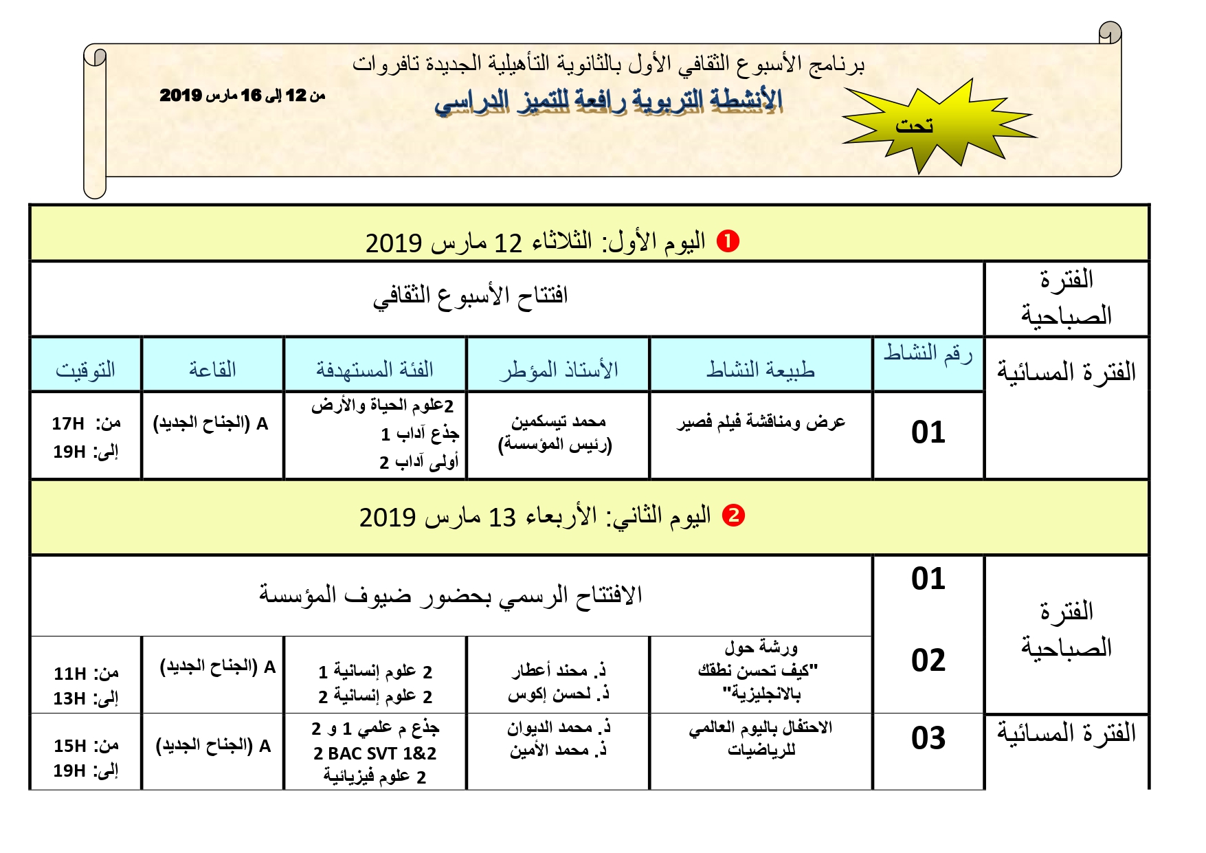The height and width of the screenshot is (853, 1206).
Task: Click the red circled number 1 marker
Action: pos(728,241)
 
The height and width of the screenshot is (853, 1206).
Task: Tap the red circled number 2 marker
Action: pos(734,516)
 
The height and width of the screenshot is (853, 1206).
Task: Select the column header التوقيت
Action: pos(85,370)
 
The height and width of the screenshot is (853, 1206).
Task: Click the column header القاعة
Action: pos(212,370)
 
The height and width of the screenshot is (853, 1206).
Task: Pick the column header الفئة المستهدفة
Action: pos(375,370)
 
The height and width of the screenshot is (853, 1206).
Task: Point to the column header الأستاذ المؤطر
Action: pos(558,370)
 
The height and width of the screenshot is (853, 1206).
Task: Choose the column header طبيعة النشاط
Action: pos(761,370)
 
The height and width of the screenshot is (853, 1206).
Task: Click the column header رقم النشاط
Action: pos(928,353)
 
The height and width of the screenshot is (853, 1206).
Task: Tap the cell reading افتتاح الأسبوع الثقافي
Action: pos(471,296)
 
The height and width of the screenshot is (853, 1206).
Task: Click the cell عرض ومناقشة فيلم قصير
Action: pos(761,422)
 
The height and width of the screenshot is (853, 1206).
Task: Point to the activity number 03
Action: pos(928,738)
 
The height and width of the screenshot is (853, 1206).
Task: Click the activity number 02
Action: pos(928,661)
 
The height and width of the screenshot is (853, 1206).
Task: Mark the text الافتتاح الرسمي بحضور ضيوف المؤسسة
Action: pos(450,595)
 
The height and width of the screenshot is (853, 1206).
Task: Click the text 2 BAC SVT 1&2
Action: pos(375,753)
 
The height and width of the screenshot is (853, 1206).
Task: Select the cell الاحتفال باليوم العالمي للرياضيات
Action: pos(761,738)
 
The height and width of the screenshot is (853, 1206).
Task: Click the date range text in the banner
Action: pos(242,96)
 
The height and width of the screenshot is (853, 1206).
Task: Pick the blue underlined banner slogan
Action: pos(608,101)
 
